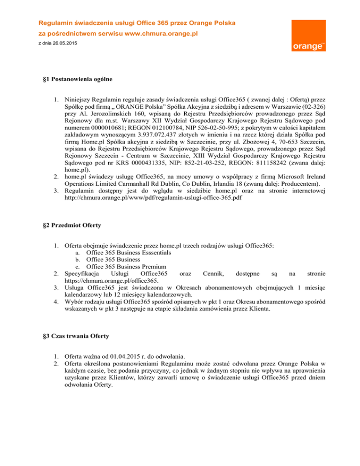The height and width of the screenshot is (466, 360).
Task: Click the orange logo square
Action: click(307, 37)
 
